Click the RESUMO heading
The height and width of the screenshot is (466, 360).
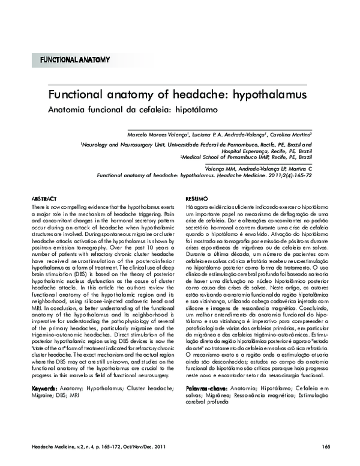tap(197, 198)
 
